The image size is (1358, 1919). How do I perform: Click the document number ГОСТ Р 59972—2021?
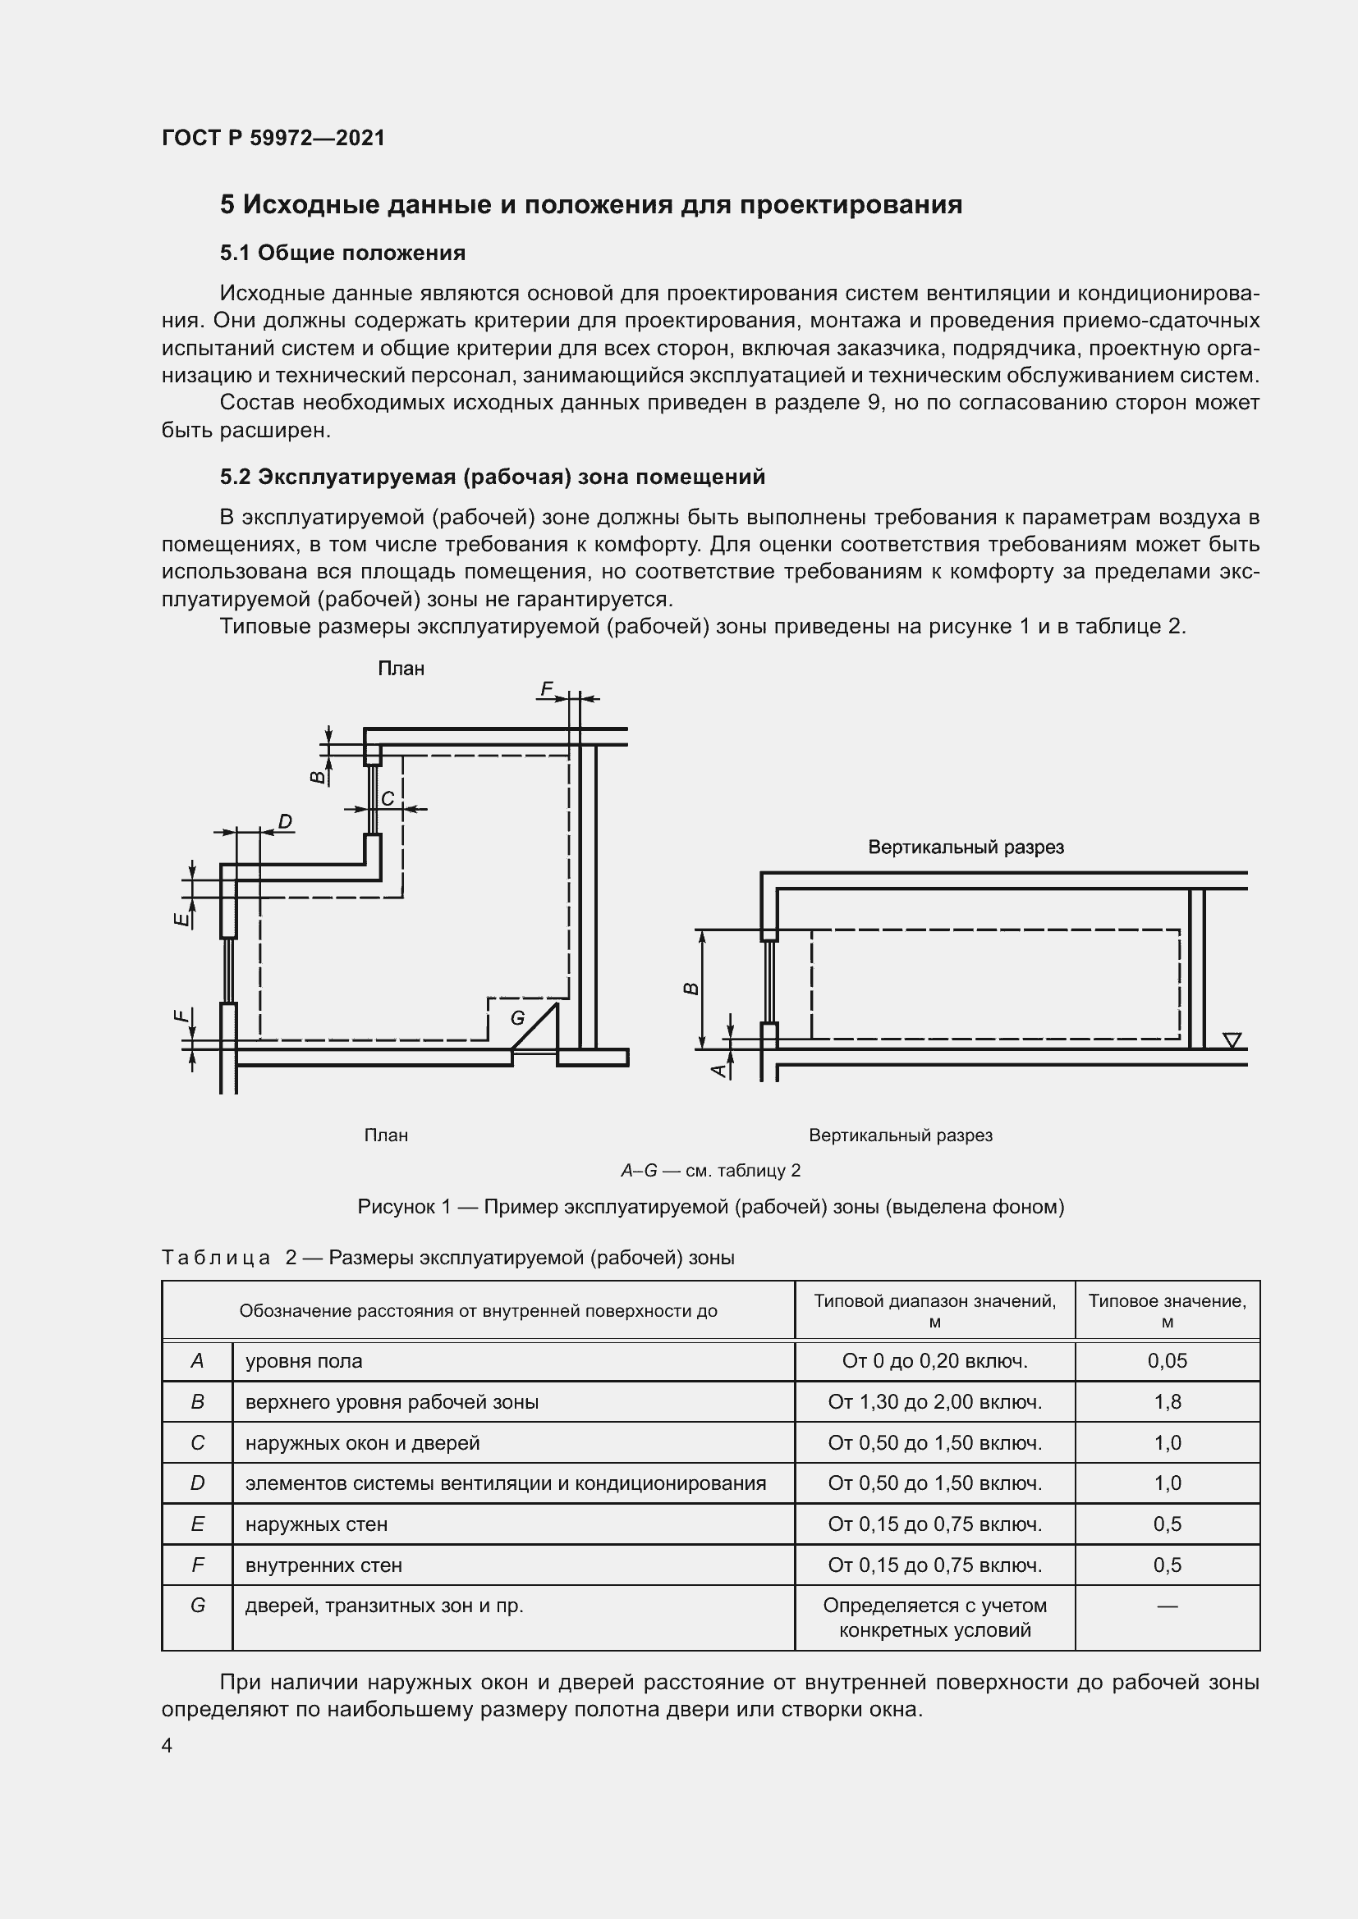click(273, 138)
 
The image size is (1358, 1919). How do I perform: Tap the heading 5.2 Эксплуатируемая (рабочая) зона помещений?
click(492, 477)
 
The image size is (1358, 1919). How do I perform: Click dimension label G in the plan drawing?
click(517, 1018)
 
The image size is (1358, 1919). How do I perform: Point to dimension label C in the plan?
click(388, 799)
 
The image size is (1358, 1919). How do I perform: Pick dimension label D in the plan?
click(285, 822)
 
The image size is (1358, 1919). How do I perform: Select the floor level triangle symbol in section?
click(1231, 1039)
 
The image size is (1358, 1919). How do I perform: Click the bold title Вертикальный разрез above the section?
click(966, 848)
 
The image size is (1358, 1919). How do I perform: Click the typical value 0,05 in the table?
click(1167, 1360)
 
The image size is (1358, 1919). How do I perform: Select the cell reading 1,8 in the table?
click(1167, 1401)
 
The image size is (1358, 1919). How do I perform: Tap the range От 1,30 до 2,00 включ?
click(934, 1401)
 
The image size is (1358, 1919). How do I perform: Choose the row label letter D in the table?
click(197, 1483)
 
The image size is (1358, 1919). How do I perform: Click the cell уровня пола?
click(304, 1360)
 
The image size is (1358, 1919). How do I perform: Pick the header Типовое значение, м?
click(1167, 1310)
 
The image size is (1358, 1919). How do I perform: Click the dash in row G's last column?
click(1167, 1606)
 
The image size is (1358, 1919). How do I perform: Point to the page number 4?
click(167, 1746)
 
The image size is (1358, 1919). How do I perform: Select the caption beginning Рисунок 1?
click(710, 1207)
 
